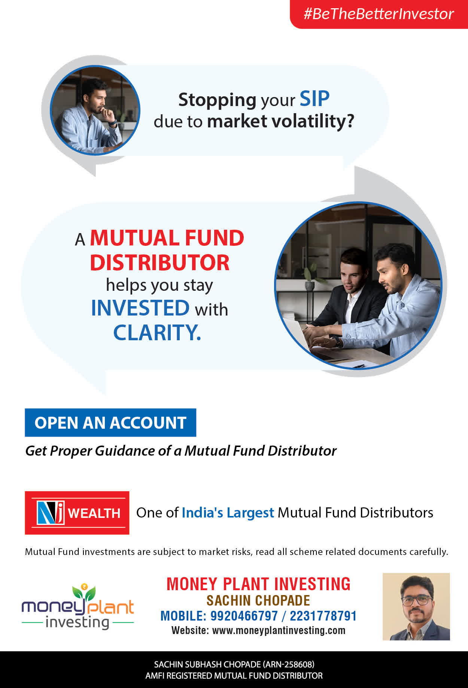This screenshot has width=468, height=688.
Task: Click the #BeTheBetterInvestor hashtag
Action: [379, 14]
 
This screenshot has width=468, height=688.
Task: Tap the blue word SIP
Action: [314, 99]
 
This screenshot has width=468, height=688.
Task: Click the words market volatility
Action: [280, 121]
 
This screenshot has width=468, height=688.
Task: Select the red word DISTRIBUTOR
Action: [160, 263]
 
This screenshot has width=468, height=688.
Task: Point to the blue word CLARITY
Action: [157, 332]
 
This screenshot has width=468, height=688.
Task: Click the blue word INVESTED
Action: [140, 308]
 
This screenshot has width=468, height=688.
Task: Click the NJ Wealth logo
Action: [77, 513]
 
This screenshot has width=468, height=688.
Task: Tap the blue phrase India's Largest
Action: [228, 513]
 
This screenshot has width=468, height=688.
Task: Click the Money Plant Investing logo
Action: [78, 606]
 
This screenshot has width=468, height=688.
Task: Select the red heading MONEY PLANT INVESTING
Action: [258, 584]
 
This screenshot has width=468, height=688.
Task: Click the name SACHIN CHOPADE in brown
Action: [258, 601]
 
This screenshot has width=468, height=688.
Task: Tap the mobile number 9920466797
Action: [244, 616]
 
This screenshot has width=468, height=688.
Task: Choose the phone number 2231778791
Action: [323, 616]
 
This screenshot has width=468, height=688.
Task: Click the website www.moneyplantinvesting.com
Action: [279, 631]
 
